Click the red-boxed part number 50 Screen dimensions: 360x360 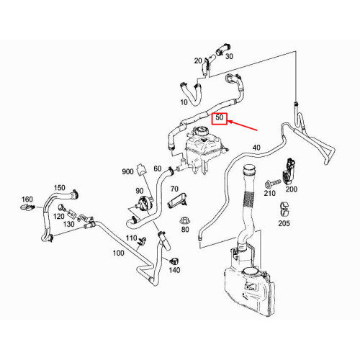tap(220, 118)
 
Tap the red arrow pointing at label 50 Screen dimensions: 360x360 tap(242, 126)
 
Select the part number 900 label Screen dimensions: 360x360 tap(127, 171)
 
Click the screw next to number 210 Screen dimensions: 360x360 tap(273, 184)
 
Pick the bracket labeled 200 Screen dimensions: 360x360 tap(289, 170)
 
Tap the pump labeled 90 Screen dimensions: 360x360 tap(144, 202)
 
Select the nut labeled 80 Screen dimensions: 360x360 tap(185, 220)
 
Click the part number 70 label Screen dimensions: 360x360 tap(174, 189)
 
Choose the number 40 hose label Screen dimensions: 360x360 tap(256, 148)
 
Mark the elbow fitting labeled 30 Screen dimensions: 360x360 tap(222, 49)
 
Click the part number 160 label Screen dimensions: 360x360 tap(27, 199)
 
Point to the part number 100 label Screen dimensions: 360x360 tap(119, 253)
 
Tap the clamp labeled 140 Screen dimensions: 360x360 tap(174, 261)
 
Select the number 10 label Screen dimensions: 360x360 tap(184, 102)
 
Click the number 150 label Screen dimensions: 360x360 tap(60, 187)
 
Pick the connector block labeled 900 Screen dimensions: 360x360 tap(141, 170)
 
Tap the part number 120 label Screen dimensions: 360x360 tap(59, 217)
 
